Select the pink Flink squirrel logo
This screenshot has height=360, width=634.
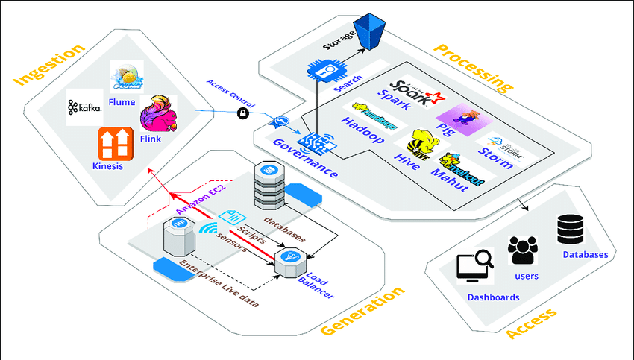coord(157,113)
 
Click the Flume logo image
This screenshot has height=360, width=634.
coord(131,77)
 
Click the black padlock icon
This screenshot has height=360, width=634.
coord(242,113)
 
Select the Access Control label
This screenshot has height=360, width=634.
coord(229,94)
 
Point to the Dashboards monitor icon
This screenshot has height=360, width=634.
coord(474,268)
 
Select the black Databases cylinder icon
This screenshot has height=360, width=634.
coord(571,230)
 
